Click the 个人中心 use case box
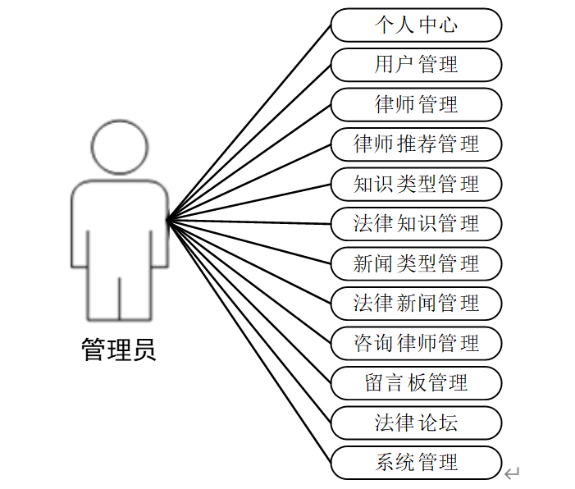click(416, 25)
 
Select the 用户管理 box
click(416, 65)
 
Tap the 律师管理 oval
click(416, 104)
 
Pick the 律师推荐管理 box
click(416, 144)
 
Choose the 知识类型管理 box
click(416, 184)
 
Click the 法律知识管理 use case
click(416, 223)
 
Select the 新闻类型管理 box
click(416, 263)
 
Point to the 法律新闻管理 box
click(416, 303)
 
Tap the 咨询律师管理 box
click(416, 342)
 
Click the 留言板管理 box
click(416, 382)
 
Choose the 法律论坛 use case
click(416, 423)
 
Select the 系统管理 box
click(416, 462)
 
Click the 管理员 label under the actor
click(119, 351)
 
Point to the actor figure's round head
click(120, 148)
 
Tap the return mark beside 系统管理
click(512, 473)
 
